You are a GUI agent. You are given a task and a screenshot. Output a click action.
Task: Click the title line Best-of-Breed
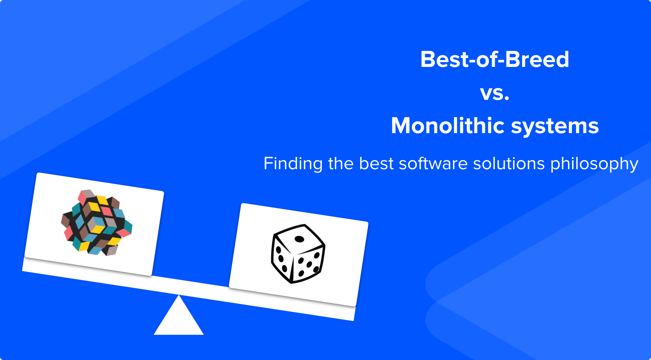click(495, 60)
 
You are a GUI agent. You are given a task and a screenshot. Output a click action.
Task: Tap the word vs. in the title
click(495, 93)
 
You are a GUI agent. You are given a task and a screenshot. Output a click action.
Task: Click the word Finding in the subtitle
click(293, 164)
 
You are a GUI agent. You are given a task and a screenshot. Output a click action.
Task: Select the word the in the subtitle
click(341, 164)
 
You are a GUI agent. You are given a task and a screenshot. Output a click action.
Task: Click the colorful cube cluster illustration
click(97, 222)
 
